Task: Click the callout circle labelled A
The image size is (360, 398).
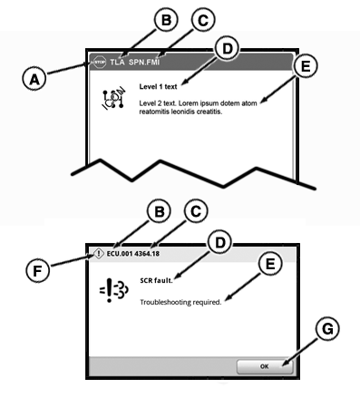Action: point(34,79)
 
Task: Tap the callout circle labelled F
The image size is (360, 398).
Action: point(37,270)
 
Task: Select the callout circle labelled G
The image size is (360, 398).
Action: point(327,329)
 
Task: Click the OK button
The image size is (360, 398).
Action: point(265,366)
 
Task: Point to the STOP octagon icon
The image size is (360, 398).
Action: point(100,62)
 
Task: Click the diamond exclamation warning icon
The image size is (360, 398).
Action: point(98,254)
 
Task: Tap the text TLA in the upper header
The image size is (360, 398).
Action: point(117,62)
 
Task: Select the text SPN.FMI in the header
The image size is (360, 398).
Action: point(144,62)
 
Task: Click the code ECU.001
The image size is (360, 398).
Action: point(120,253)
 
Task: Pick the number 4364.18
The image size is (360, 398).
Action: point(147,253)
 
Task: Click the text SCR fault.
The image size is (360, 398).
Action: point(156,280)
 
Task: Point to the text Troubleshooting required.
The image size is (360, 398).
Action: point(180,302)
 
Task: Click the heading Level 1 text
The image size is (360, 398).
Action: point(158,87)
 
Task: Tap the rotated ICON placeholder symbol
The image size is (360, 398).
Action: point(113,99)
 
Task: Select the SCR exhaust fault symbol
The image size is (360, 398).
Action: point(114,290)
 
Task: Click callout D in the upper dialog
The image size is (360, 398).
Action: point(227,49)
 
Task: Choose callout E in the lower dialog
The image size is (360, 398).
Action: point(270,264)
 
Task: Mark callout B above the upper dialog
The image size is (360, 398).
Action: point(166,20)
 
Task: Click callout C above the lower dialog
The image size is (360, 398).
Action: point(196,211)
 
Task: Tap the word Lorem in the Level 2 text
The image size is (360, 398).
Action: point(187,103)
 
